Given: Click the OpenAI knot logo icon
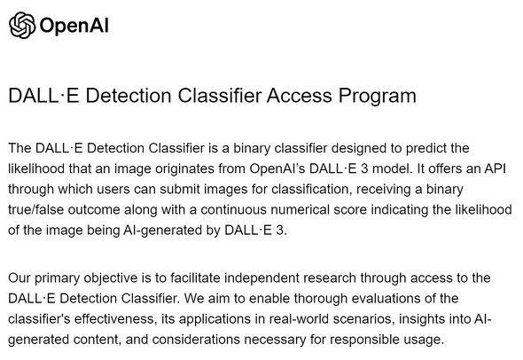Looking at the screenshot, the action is tap(22, 26).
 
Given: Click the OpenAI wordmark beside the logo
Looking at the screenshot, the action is tap(74, 26).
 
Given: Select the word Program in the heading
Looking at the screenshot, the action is tap(378, 97).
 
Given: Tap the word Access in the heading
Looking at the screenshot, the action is tap(300, 96).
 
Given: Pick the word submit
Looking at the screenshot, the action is tap(179, 189).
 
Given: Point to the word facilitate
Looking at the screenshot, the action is tap(195, 278).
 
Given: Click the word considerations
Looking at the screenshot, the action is tap(196, 340).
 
